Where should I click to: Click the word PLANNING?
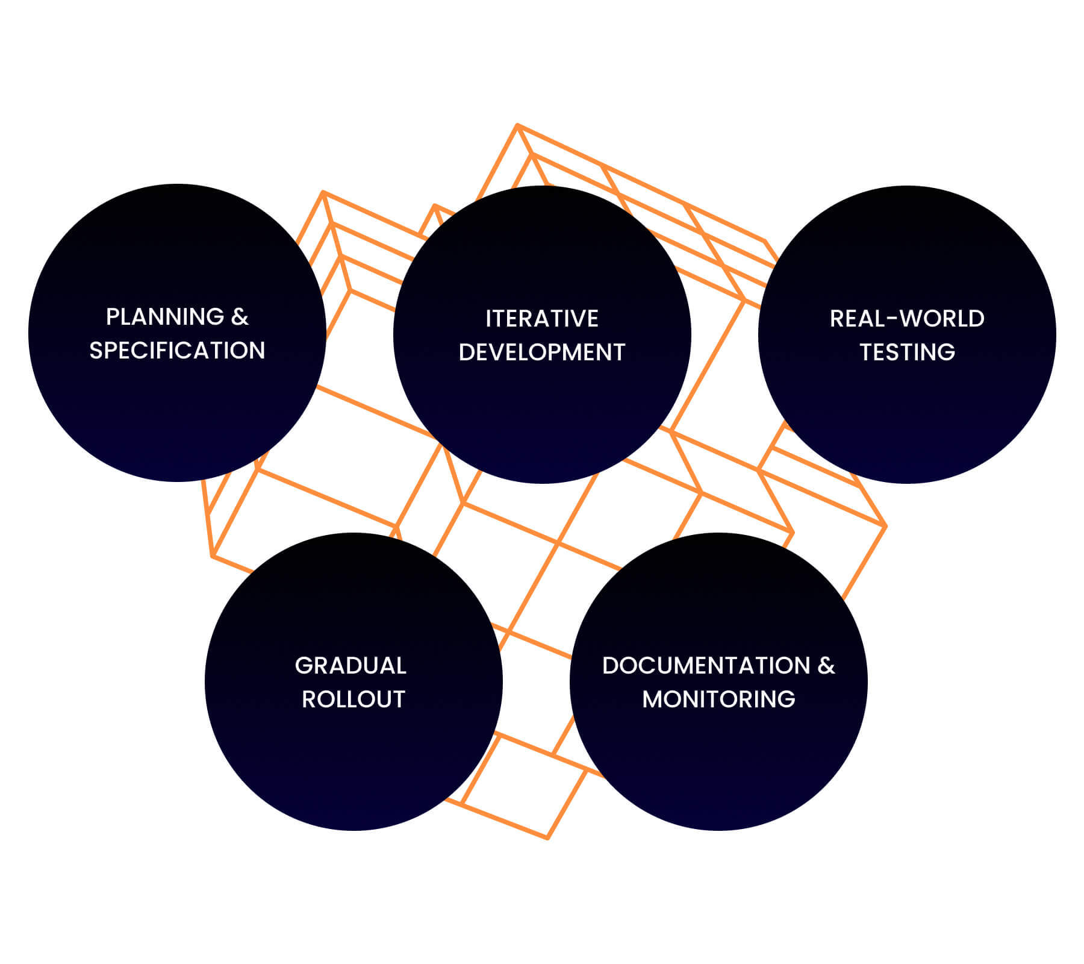[x=164, y=317]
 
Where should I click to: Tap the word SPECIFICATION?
[x=177, y=351]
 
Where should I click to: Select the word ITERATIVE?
[x=542, y=319]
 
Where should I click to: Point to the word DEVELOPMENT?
[x=542, y=352]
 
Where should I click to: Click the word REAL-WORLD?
[x=907, y=319]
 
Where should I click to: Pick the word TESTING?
[x=907, y=352]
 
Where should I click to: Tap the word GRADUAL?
[x=350, y=666]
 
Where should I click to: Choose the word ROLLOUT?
[x=354, y=700]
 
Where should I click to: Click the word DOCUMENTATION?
[x=706, y=666]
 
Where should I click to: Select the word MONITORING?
[x=718, y=700]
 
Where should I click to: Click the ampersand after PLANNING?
[x=240, y=317]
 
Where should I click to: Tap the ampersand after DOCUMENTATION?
[x=826, y=666]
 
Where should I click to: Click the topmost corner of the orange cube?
[x=517, y=125]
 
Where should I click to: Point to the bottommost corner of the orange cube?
[x=547, y=838]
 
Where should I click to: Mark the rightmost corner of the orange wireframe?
[x=886, y=526]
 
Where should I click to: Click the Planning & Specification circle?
[x=177, y=410]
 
